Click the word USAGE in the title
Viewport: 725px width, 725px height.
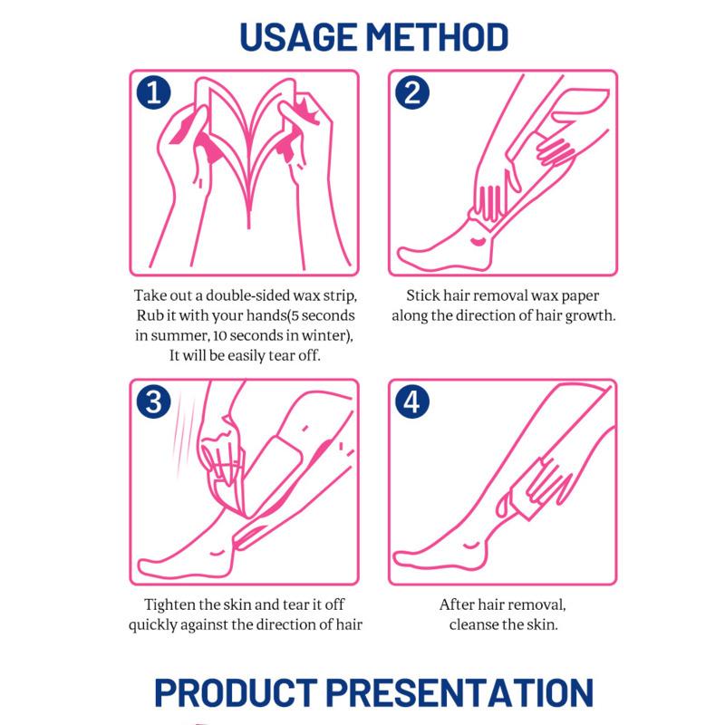click(298, 36)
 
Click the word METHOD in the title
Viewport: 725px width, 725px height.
click(438, 36)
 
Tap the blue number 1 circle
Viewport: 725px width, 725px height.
click(153, 92)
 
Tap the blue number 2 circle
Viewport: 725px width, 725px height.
click(412, 92)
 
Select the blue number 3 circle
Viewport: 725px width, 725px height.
click(153, 401)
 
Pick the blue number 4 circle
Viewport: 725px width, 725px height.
click(412, 401)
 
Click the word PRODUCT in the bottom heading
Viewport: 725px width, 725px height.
click(236, 692)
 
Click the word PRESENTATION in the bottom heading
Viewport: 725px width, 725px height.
click(460, 692)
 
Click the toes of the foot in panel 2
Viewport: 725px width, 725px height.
click(406, 254)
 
